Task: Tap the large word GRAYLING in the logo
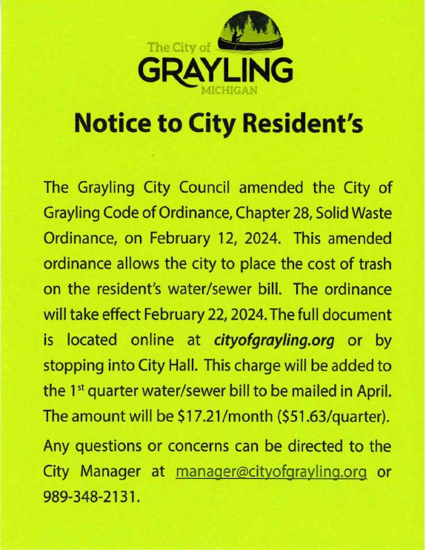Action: [x=215, y=71]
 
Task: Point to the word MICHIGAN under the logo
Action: [x=230, y=91]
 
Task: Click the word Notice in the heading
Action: [x=112, y=125]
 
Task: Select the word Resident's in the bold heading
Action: [x=306, y=125]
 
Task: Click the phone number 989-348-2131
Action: [x=91, y=495]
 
